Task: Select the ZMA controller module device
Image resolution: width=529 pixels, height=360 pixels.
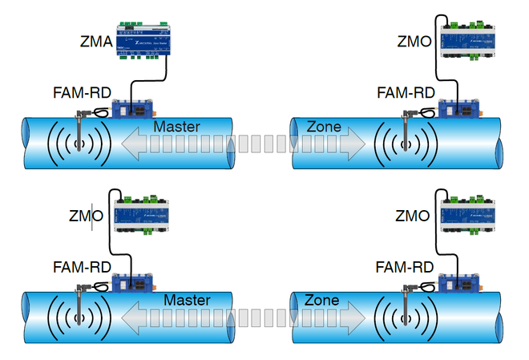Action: point(141,40)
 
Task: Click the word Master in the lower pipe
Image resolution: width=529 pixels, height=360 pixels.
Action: point(187,300)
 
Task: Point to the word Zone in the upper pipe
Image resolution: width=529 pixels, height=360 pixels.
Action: point(323,126)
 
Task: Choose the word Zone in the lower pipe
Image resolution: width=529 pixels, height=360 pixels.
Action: point(322,300)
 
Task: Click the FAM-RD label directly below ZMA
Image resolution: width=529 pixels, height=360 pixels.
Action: point(82,92)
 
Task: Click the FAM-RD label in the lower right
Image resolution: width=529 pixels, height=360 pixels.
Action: point(406,267)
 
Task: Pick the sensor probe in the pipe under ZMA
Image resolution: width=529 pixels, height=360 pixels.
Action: point(80,128)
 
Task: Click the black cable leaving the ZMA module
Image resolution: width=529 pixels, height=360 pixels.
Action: point(165,72)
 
